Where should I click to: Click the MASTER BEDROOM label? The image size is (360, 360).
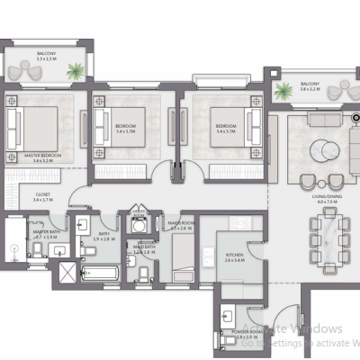coord(43,158)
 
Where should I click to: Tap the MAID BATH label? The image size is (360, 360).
coord(145,247)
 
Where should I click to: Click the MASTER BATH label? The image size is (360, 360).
coord(46,233)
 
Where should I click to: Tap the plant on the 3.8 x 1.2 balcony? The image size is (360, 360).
coord(283,88)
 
